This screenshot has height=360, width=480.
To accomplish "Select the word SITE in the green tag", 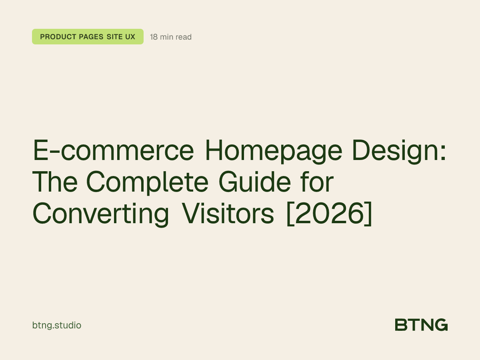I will [x=115, y=37].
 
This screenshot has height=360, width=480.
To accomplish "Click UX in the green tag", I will [x=130, y=37].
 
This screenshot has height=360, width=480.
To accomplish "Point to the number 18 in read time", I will [x=154, y=37].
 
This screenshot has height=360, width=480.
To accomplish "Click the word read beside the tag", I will [x=184, y=37].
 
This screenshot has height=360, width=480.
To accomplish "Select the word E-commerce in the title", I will [x=113, y=151].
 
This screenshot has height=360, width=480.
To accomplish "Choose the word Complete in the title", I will [x=147, y=182].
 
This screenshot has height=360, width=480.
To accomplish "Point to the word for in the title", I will [x=318, y=182].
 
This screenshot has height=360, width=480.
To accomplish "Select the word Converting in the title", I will [x=101, y=214].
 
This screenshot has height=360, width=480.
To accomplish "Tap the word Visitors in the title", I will [x=228, y=214].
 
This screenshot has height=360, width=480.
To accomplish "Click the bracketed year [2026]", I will [x=329, y=214].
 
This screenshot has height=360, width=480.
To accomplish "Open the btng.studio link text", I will [x=57, y=325].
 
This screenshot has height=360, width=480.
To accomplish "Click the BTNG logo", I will [x=421, y=325].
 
